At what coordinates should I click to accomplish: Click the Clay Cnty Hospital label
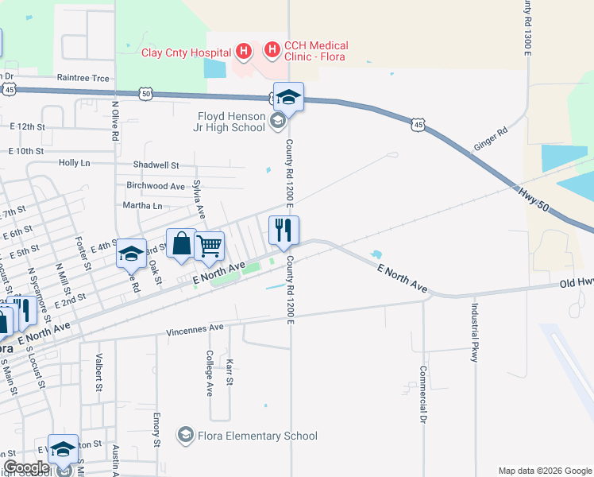(x=186, y=53)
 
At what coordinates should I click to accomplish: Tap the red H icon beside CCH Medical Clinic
(x=272, y=51)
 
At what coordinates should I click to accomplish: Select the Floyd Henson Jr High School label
(x=231, y=120)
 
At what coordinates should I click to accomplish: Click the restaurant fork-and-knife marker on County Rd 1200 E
(x=284, y=231)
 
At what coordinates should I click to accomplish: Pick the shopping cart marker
(x=209, y=246)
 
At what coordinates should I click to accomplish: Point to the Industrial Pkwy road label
(x=474, y=333)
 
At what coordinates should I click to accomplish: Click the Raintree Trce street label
(x=83, y=78)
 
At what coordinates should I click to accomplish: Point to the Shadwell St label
(x=156, y=165)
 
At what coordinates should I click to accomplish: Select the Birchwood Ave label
(x=156, y=186)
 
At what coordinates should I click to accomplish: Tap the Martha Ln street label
(x=142, y=206)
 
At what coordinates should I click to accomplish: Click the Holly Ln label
(x=75, y=162)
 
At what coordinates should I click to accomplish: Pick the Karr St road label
(x=229, y=371)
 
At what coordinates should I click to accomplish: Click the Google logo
(x=26, y=467)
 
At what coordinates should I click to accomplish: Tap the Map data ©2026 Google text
(x=544, y=471)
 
